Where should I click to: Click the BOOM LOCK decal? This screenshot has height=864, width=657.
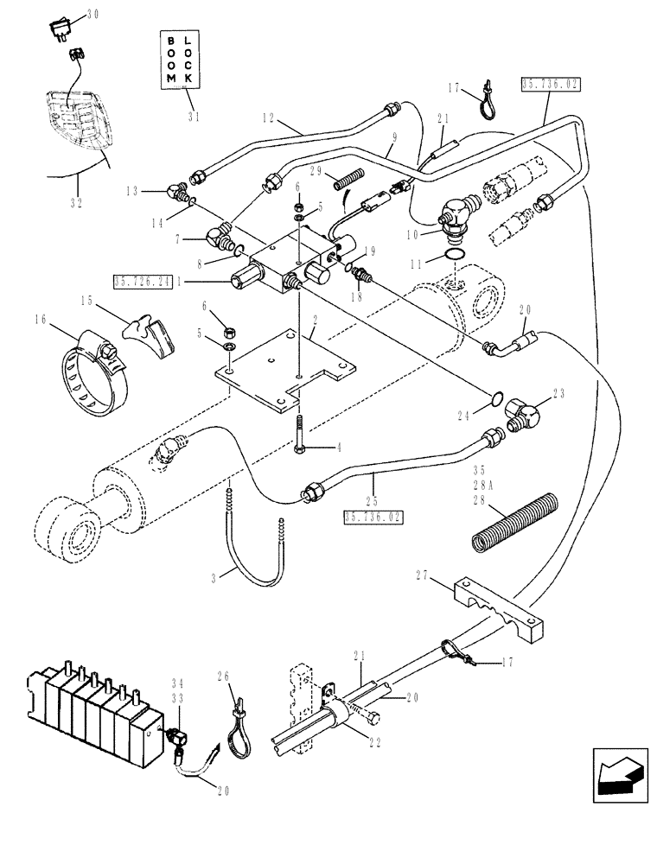pos(182,59)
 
